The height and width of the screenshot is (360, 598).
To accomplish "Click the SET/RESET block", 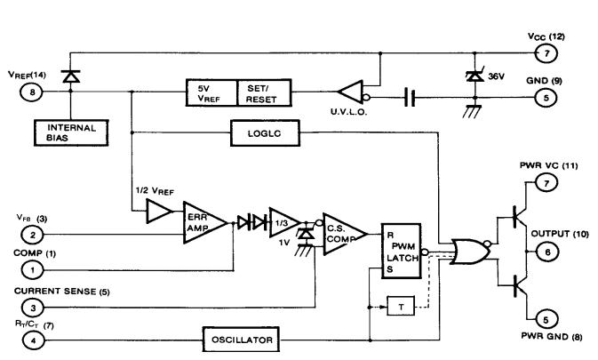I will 264,91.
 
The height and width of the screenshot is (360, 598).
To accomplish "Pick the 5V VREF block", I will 211,91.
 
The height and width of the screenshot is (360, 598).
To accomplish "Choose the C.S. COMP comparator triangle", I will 340,232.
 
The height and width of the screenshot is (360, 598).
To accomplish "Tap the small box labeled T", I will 400,307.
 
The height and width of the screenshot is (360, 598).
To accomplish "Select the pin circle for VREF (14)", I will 34,91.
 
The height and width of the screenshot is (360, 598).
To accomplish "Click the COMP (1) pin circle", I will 34,267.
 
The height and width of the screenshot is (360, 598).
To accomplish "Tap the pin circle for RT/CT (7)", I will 34,340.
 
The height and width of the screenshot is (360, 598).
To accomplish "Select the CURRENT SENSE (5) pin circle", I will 34,307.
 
